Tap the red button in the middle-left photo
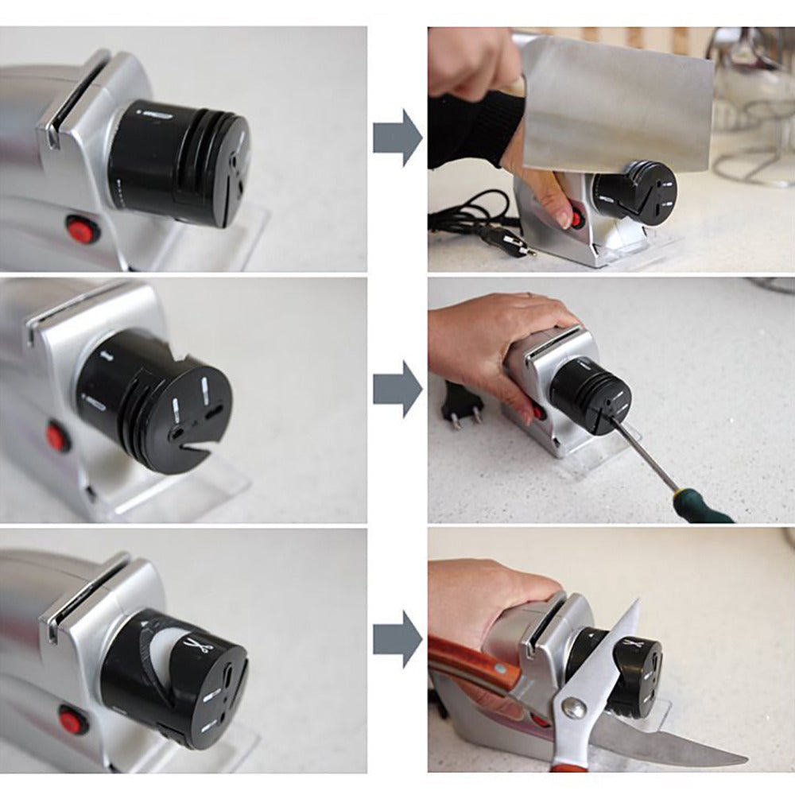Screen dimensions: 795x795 tap(57, 436)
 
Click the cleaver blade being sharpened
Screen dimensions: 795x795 tap(616, 103)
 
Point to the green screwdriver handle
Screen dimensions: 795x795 tap(704, 509)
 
